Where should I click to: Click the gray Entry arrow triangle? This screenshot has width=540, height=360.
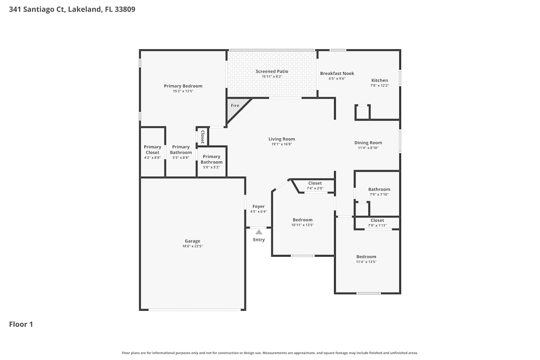pos(259,232)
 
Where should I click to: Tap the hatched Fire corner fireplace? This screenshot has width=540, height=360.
pos(235,108)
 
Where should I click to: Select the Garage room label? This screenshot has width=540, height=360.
pos(192,241)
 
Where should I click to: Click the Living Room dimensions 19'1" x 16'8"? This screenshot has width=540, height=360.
pos(282,144)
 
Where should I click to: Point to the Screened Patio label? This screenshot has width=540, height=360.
pos(272,71)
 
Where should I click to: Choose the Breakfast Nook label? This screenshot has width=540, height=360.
pos(337,73)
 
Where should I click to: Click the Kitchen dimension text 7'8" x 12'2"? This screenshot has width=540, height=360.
pos(379,85)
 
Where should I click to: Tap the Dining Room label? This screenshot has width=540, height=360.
pos(368,143)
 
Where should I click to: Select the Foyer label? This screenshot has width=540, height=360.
pos(258,206)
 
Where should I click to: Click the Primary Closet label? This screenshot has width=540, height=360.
pos(152,149)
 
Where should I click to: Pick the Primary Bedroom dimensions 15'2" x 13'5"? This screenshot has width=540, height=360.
pos(183,91)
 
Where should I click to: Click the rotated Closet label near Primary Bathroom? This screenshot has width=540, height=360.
pos(203,137)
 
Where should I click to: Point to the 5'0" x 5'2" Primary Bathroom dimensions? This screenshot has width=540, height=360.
pos(211,167)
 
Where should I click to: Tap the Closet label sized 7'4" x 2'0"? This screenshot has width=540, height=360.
pos(315,183)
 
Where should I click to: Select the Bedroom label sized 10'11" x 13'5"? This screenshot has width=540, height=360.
pos(302,220)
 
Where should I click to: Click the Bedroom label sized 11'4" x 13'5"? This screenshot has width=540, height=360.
pos(366,257)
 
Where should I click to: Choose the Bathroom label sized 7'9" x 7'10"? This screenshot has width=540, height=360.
pos(379,189)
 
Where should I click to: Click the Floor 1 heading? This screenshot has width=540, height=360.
pos(21,324)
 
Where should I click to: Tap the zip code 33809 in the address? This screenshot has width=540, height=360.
pos(125,9)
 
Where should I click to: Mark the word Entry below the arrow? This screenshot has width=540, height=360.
pos(259,240)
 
